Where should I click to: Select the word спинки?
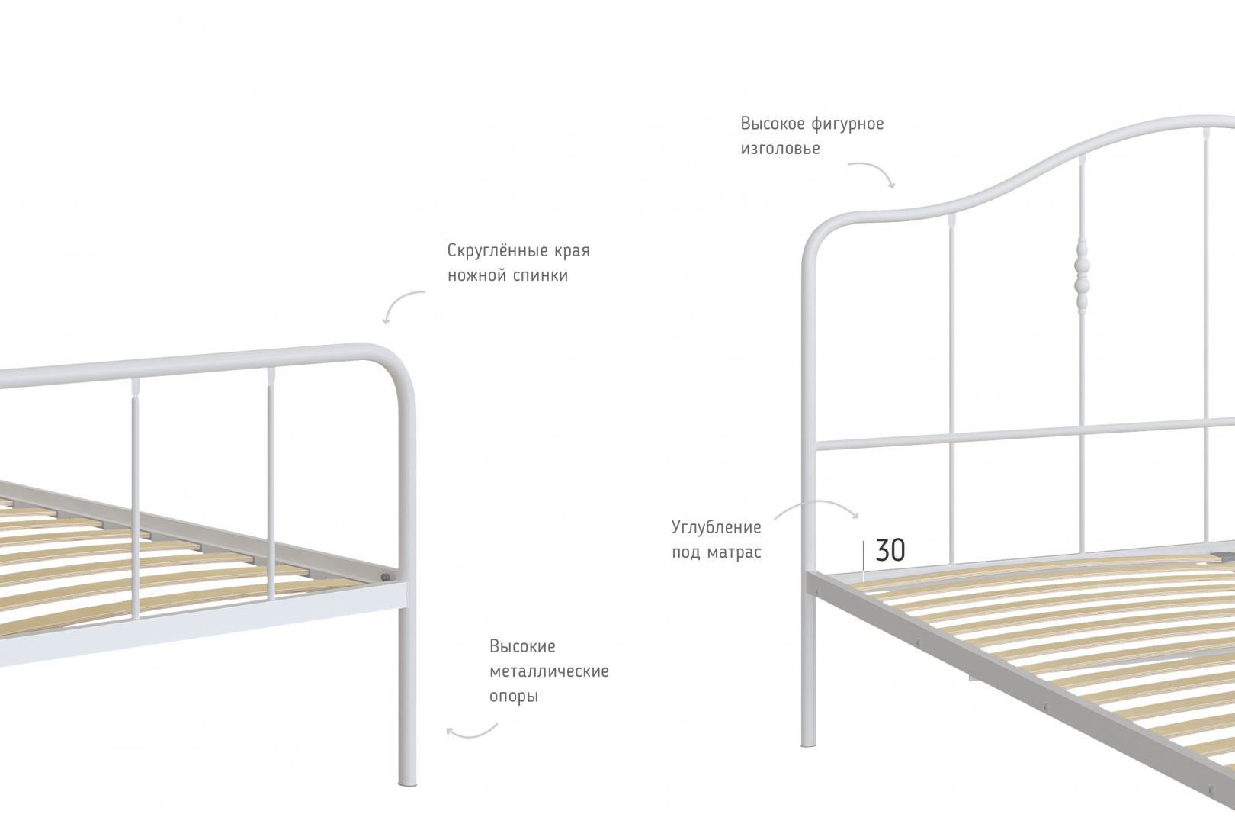click(541, 275)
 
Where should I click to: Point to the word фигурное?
click(848, 124)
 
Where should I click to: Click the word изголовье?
click(780, 149)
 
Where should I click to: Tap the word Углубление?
click(716, 528)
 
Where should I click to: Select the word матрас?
click(734, 552)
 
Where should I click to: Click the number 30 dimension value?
click(890, 550)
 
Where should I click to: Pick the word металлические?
click(549, 671)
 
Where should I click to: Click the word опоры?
click(513, 697)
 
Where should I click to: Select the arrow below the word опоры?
click(472, 734)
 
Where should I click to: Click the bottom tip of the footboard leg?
click(407, 784)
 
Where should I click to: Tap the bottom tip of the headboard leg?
click(808, 745)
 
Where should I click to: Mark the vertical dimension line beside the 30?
click(864, 562)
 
